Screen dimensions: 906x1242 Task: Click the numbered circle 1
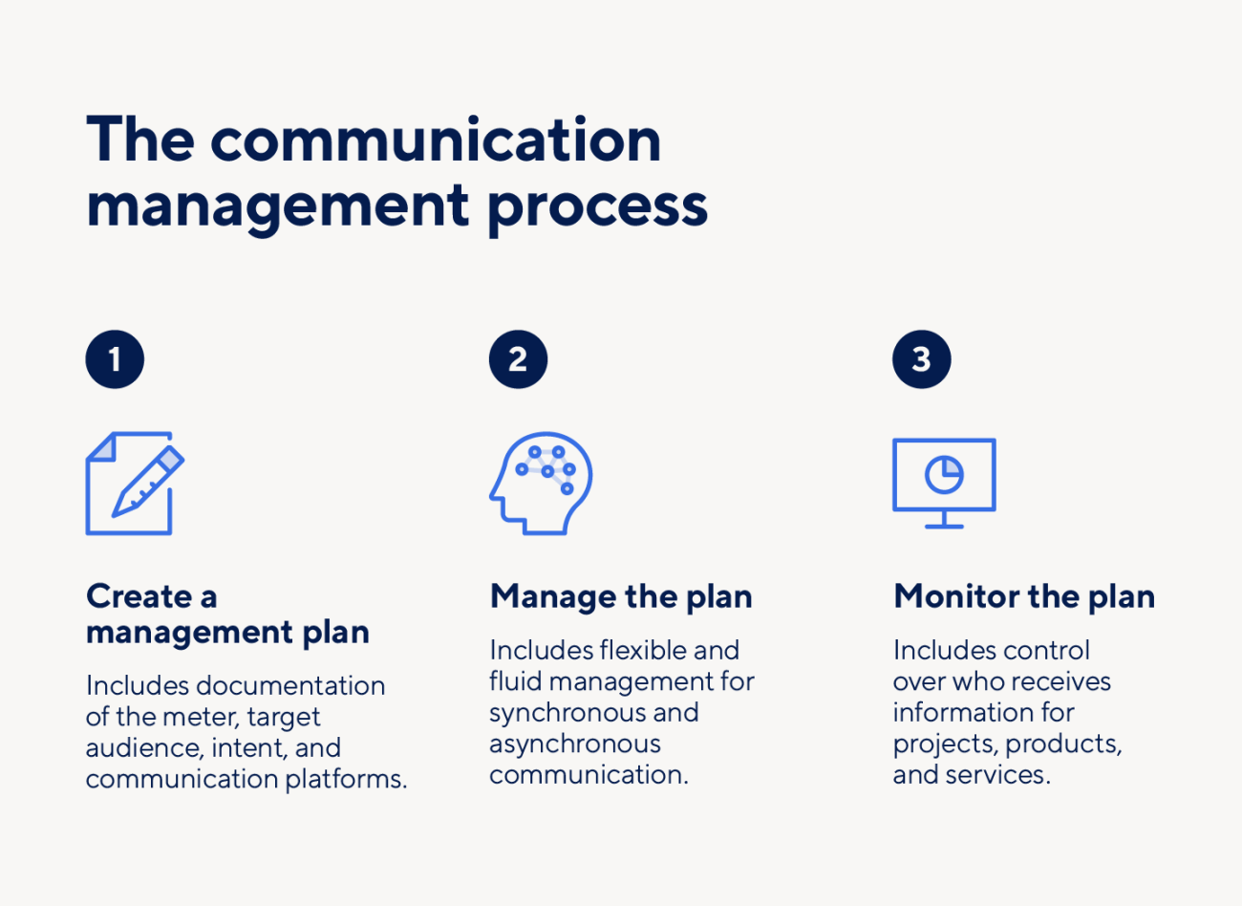(x=115, y=359)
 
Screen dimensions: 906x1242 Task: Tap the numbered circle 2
(x=518, y=359)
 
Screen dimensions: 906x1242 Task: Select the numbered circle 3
(x=921, y=359)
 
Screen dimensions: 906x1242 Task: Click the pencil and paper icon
(x=134, y=484)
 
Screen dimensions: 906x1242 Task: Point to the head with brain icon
(x=541, y=484)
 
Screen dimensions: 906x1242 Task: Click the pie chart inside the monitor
(x=944, y=474)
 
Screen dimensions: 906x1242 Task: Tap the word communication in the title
(x=436, y=140)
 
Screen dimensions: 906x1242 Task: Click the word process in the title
(x=598, y=205)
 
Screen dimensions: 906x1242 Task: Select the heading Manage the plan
(x=621, y=596)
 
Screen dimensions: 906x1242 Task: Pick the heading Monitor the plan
(x=1024, y=596)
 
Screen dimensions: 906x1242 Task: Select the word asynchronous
(x=575, y=744)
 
